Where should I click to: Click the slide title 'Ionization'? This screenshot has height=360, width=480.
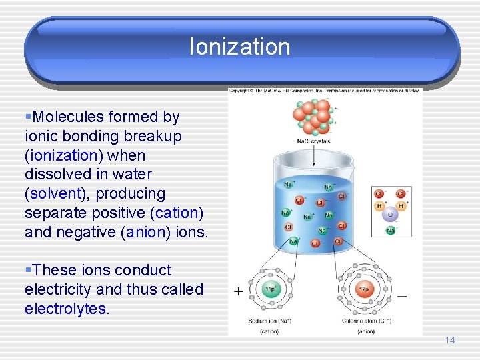pyautogui.click(x=240, y=47)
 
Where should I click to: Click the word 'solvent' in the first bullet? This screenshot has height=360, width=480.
pyautogui.click(x=52, y=194)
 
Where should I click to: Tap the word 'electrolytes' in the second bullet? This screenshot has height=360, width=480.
pyautogui.click(x=65, y=309)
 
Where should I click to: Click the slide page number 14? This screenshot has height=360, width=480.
pyautogui.click(x=449, y=340)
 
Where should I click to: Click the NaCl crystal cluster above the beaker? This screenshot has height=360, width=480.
pyautogui.click(x=314, y=117)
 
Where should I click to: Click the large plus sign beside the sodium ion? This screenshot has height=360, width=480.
pyautogui.click(x=238, y=291)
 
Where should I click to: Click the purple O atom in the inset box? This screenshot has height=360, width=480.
pyautogui.click(x=390, y=215)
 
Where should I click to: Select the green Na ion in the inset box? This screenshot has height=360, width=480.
pyautogui.click(x=390, y=231)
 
